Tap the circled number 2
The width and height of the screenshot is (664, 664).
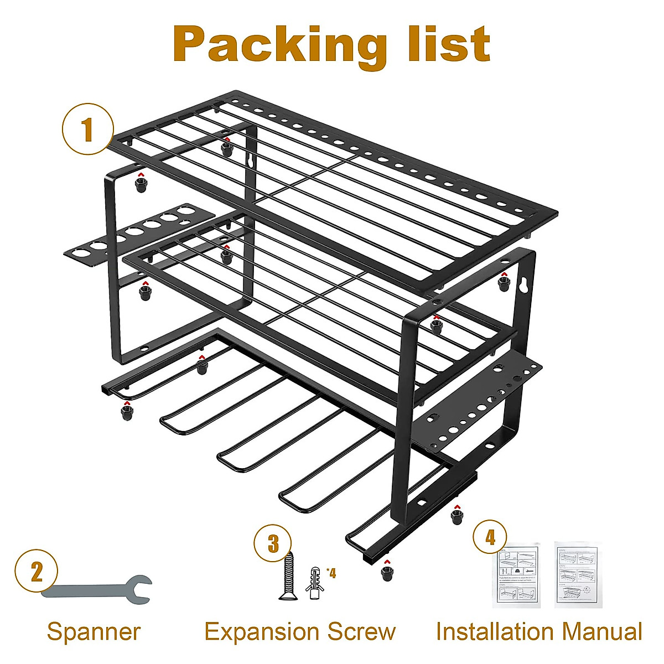37,570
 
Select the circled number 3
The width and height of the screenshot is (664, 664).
273,543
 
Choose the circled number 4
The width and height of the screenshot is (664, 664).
491,537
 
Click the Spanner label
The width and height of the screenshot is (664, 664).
94,631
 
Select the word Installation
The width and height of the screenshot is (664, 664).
494,631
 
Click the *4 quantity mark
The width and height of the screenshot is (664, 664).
331,573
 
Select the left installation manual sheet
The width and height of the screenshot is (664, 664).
516,575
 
